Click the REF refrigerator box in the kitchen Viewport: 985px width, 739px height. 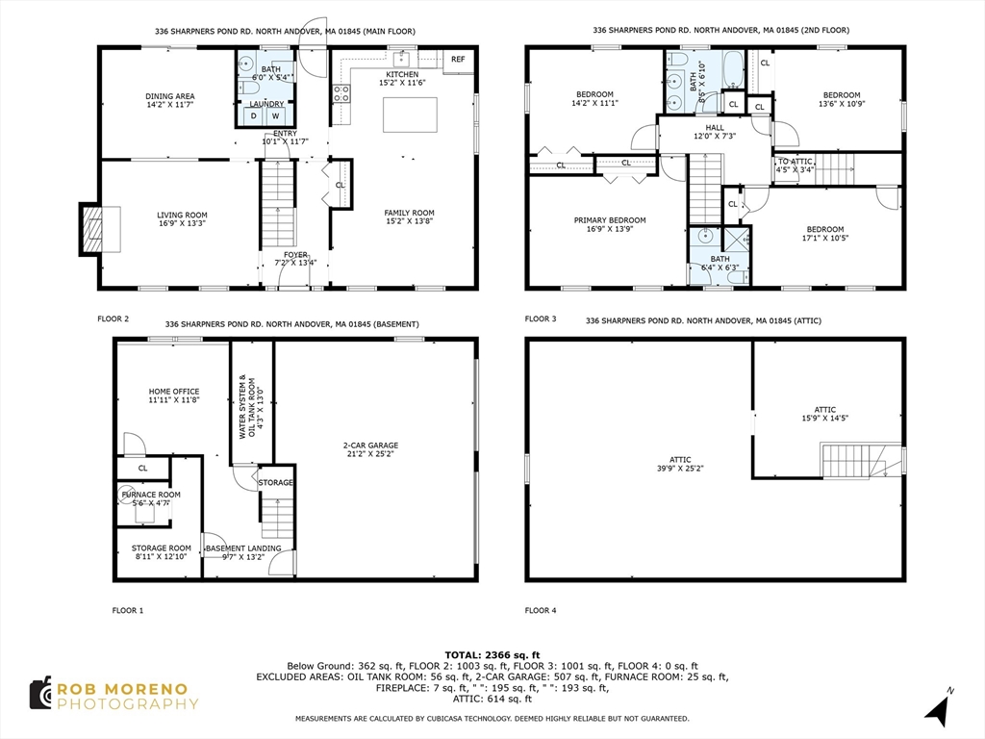pyautogui.click(x=458, y=60)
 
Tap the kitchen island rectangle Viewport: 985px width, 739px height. pyautogui.click(x=403, y=115)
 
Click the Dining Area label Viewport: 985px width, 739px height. pyautogui.click(x=170, y=96)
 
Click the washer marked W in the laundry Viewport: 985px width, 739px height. pyautogui.click(x=275, y=116)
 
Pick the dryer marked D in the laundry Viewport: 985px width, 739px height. pyautogui.click(x=254, y=116)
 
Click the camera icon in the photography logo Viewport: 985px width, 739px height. pyautogui.click(x=39, y=695)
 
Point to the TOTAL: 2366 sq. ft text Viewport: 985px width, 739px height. pyautogui.click(x=492, y=654)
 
